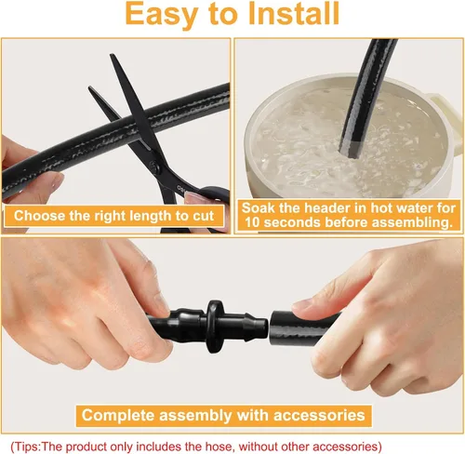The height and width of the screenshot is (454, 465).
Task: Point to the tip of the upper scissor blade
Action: click(x=111, y=55)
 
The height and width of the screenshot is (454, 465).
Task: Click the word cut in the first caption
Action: click(x=203, y=216)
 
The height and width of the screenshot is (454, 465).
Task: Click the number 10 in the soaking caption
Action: click(x=252, y=222)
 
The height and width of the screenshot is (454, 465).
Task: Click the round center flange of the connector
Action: click(x=216, y=327)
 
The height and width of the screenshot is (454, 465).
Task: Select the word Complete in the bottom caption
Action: click(x=118, y=415)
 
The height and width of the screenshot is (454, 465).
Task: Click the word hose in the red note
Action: click(x=219, y=447)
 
